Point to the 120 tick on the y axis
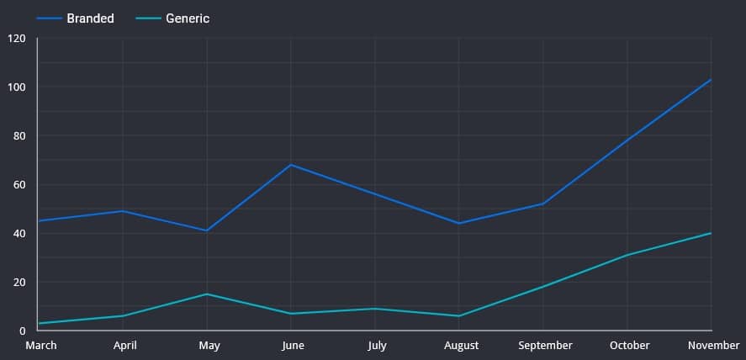pyautogui.click(x=17, y=39)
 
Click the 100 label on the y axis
pyautogui.click(x=17, y=87)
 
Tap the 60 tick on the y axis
pyautogui.click(x=19, y=185)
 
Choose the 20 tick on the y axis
pyautogui.click(x=19, y=283)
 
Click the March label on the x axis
pyautogui.click(x=41, y=346)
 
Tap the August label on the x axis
pyautogui.click(x=460, y=346)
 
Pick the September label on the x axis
pyautogui.click(x=544, y=346)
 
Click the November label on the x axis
pyautogui.click(x=713, y=346)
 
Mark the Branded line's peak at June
pyautogui.click(x=291, y=165)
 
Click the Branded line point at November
pyautogui.click(x=712, y=80)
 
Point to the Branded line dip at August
pyautogui.click(x=459, y=223)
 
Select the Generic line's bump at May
pyautogui.click(x=207, y=294)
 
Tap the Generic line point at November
pyautogui.click(x=712, y=233)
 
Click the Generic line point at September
pyautogui.click(x=543, y=287)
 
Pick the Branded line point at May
pyautogui.click(x=207, y=230)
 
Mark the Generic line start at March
pyautogui.click(x=40, y=323)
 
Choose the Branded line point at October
pyautogui.click(x=627, y=140)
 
